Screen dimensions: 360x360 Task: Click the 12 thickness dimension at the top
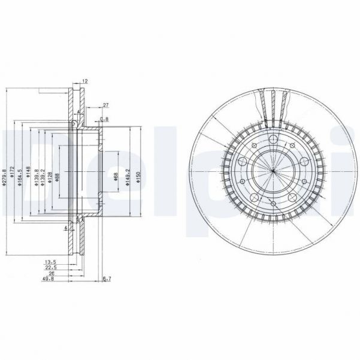click(86, 81)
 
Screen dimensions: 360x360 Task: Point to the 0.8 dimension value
click(105, 120)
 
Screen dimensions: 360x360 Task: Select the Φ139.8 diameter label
click(37, 177)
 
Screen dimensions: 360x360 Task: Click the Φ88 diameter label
click(58, 177)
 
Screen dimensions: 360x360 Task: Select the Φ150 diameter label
click(138, 177)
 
